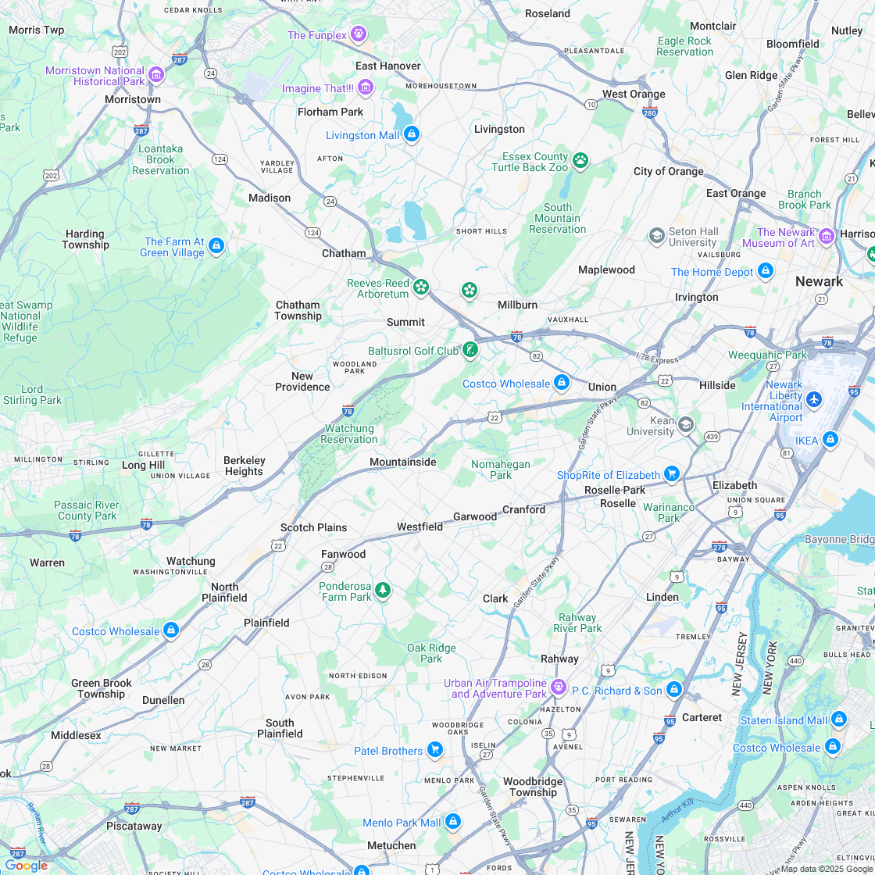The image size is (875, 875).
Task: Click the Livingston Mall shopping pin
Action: [x=412, y=134]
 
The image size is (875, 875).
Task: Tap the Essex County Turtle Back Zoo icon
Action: [x=580, y=161]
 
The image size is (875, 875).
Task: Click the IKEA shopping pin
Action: [x=830, y=440]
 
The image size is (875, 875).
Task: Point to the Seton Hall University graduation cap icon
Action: [x=656, y=235]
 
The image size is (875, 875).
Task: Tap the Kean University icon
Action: [x=685, y=424]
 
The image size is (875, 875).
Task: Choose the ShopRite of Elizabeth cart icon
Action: [x=671, y=474]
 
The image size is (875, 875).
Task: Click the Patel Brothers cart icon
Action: [x=435, y=751]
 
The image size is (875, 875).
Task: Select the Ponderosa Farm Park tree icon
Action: [x=382, y=590]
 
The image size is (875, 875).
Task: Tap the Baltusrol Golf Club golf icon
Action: [x=470, y=350]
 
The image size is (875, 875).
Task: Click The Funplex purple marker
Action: [x=359, y=34]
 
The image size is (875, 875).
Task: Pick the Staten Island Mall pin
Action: [x=838, y=719]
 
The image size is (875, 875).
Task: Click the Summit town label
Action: [x=405, y=322]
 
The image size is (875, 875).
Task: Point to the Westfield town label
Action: [x=420, y=527]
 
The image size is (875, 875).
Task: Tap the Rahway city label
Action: [x=559, y=659]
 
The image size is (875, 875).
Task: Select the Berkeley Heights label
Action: [x=244, y=466]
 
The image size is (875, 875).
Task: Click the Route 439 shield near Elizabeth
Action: [x=711, y=437]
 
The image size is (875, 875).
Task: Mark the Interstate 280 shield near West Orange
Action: [x=650, y=112]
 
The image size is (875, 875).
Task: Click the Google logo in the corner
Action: [x=26, y=865]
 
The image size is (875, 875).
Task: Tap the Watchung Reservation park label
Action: [x=349, y=434]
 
